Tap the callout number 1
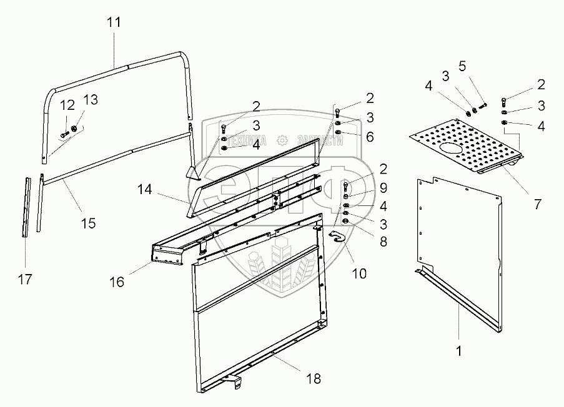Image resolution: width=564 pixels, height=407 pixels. [459, 351]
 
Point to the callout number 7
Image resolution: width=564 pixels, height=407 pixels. [538, 204]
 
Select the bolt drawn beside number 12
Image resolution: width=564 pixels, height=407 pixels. [66, 133]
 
